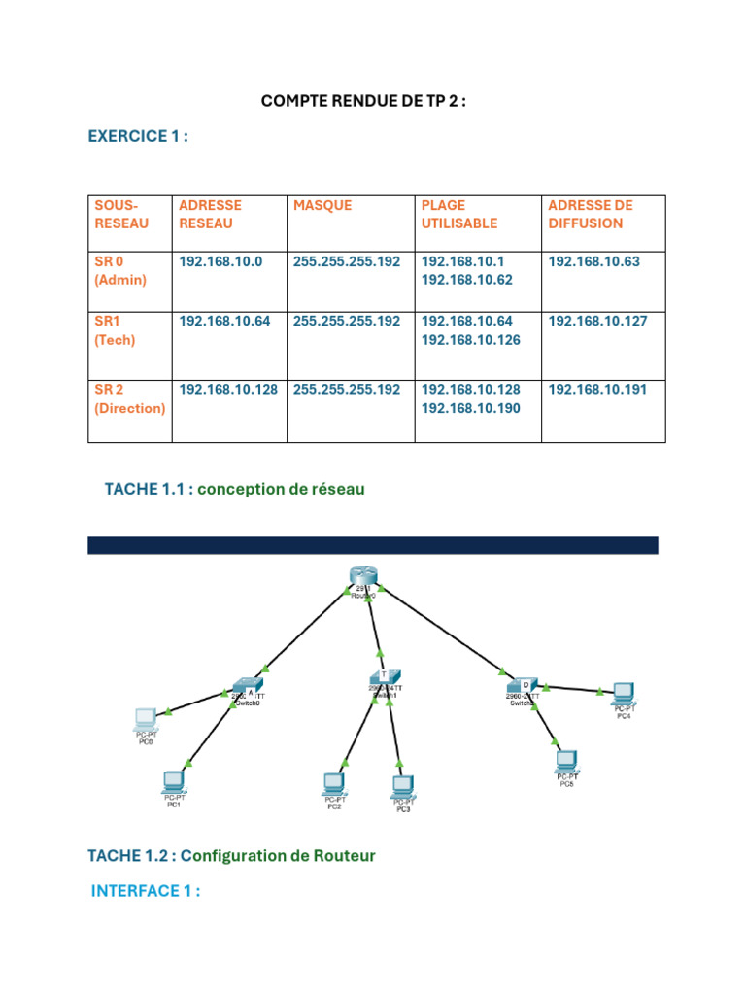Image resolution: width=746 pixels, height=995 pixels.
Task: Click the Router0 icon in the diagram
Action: pyautogui.click(x=363, y=577)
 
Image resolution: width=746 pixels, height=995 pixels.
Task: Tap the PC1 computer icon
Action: pyautogui.click(x=175, y=779)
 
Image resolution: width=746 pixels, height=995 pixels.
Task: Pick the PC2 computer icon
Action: pyautogui.click(x=334, y=782)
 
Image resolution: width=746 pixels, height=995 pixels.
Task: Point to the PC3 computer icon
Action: pyautogui.click(x=402, y=785)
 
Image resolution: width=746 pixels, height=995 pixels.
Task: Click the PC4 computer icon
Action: pyautogui.click(x=623, y=692)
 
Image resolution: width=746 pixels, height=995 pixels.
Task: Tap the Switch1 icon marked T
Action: pyautogui.click(x=381, y=676)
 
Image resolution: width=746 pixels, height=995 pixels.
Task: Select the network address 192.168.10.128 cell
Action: pyautogui.click(x=229, y=389)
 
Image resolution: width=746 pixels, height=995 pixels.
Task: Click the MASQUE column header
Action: pyautogui.click(x=322, y=205)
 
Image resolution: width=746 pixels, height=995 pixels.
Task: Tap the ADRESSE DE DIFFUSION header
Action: pyautogui.click(x=591, y=214)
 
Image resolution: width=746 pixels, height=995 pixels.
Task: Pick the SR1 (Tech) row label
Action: pyautogui.click(x=116, y=330)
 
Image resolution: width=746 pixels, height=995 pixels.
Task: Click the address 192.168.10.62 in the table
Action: pyautogui.click(x=466, y=280)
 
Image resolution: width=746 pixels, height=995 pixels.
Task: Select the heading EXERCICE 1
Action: pyautogui.click(x=138, y=136)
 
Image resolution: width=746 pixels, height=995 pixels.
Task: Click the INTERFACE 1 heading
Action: pyautogui.click(x=146, y=891)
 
